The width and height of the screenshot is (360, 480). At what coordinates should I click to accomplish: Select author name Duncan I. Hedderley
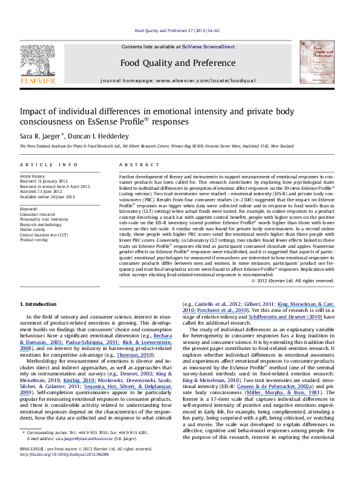93,135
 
